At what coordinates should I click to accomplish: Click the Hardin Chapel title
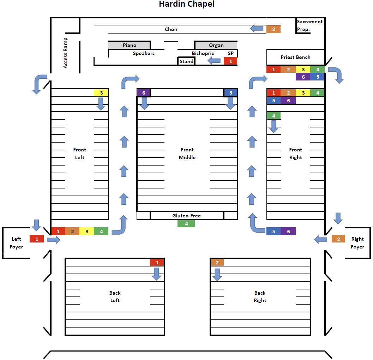tap(186, 5)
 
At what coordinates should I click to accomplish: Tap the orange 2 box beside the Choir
tap(273, 29)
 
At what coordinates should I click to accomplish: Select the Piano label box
tap(130, 45)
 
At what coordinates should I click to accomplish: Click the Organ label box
tap(216, 45)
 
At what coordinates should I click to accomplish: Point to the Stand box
tap(186, 61)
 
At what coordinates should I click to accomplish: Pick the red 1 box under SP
tap(230, 61)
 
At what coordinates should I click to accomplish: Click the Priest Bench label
tap(295, 57)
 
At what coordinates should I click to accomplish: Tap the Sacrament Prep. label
tap(309, 25)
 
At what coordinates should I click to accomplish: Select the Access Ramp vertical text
tap(65, 53)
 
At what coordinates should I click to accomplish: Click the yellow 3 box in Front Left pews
tap(101, 93)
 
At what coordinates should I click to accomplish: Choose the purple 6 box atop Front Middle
tap(143, 93)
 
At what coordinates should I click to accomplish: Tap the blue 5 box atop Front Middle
tap(230, 93)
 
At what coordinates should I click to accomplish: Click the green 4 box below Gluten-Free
tap(186, 223)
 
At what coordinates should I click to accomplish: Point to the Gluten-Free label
tap(186, 216)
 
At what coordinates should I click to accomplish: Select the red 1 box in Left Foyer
tap(37, 239)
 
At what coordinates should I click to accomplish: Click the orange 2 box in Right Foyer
tap(338, 239)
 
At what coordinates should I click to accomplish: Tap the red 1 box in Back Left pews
tap(157, 262)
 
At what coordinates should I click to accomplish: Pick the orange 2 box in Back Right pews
tap(217, 262)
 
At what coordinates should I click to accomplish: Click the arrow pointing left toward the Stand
tap(214, 61)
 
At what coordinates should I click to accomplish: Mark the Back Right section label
tap(260, 296)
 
